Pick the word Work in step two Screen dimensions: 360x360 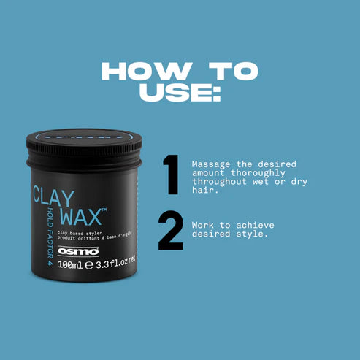pos(202,226)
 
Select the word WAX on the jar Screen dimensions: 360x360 pos(81,218)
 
